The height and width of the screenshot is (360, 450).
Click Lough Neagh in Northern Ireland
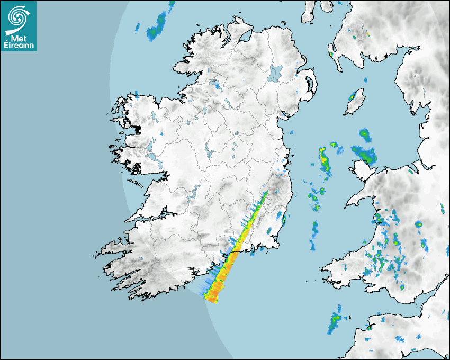pyautogui.click(x=276, y=73)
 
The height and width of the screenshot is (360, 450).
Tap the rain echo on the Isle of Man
pyautogui.click(x=352, y=97)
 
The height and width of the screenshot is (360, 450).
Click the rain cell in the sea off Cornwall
pyautogui.click(x=336, y=321)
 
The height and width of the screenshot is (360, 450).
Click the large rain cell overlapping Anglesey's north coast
pyautogui.click(x=367, y=155)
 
